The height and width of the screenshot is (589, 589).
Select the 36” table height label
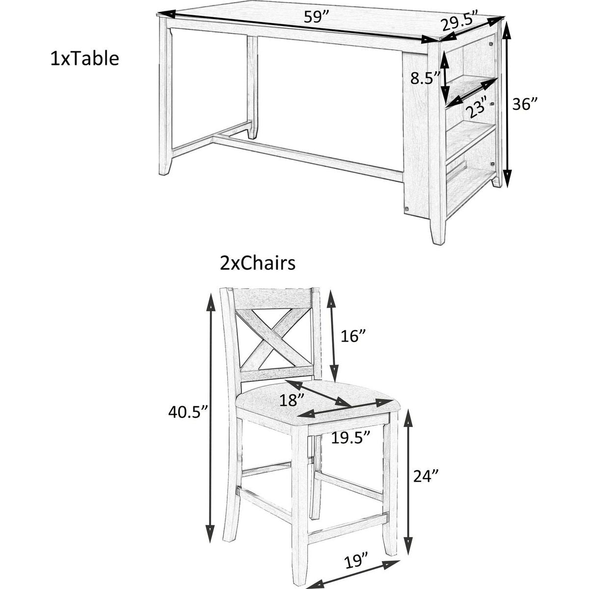coord(525,104)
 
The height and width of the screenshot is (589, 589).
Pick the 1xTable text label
coord(84,59)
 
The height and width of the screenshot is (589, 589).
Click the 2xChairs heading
coord(258,264)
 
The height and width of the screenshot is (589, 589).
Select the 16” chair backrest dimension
coord(352,337)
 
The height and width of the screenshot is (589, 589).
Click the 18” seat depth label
coord(292,400)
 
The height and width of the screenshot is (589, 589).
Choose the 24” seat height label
coord(426,484)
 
